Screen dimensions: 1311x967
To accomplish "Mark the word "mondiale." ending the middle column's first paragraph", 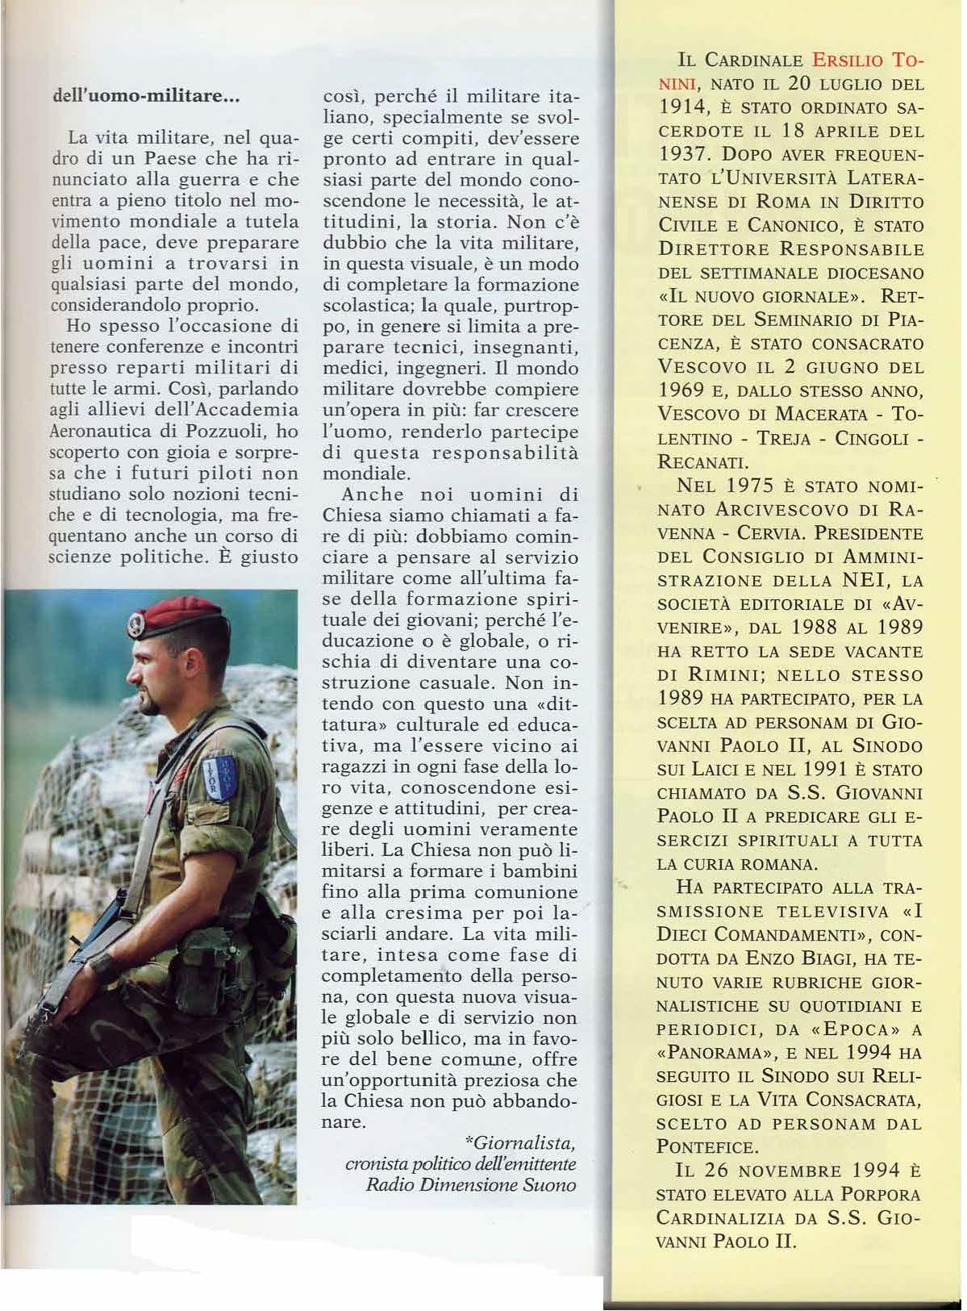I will (366, 474).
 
